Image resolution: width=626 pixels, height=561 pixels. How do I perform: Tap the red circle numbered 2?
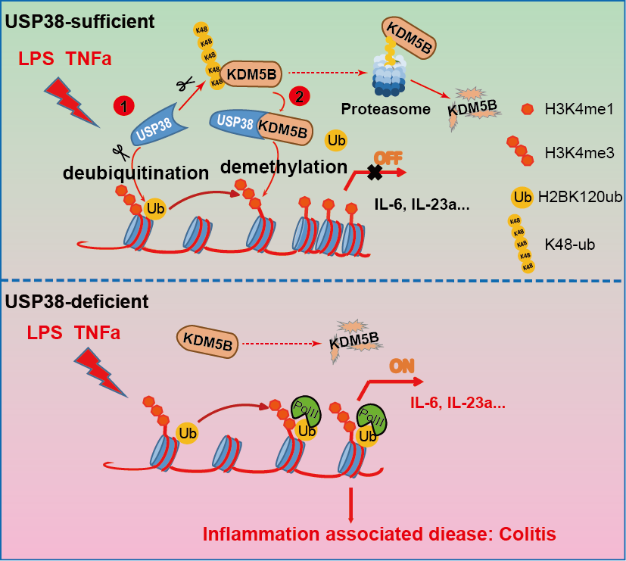(301, 96)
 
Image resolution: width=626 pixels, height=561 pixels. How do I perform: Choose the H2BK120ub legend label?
(579, 198)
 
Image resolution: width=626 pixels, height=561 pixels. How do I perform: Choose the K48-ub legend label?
(568, 245)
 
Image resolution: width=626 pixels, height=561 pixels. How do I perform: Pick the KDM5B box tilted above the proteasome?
(411, 39)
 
